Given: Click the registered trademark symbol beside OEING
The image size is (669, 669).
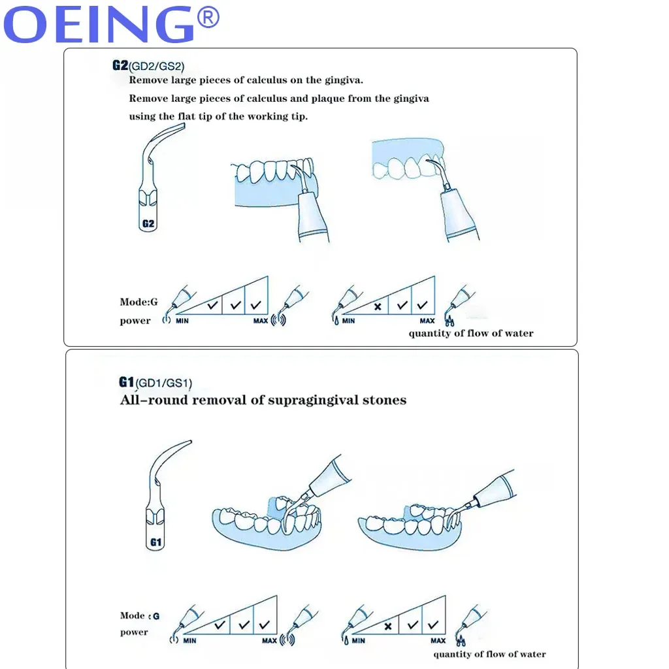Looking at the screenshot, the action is (x=208, y=18).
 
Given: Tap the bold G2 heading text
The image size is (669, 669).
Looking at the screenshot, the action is (x=120, y=65).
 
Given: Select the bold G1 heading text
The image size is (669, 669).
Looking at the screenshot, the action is (x=126, y=382).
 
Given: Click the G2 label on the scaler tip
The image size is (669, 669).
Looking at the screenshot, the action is (x=148, y=223).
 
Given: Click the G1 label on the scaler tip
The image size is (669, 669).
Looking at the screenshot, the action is (x=155, y=542).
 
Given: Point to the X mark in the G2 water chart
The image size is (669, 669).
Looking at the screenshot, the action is (x=377, y=306).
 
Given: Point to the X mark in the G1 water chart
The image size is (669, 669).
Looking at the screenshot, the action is (x=388, y=626).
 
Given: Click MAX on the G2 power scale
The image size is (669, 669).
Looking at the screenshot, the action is (x=260, y=321).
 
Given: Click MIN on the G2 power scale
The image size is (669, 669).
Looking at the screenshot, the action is (x=182, y=321).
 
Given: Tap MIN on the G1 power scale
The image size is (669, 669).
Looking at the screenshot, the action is (x=189, y=641).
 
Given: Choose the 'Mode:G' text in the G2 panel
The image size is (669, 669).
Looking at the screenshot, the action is (x=139, y=302).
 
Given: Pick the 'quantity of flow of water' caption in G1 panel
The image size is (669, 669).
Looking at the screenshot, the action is (x=489, y=654).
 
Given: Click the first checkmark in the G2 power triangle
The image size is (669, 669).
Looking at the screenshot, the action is (x=212, y=305).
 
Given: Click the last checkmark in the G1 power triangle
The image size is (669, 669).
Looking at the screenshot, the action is (x=265, y=625).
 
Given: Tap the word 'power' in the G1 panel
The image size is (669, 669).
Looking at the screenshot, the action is (x=134, y=632).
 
